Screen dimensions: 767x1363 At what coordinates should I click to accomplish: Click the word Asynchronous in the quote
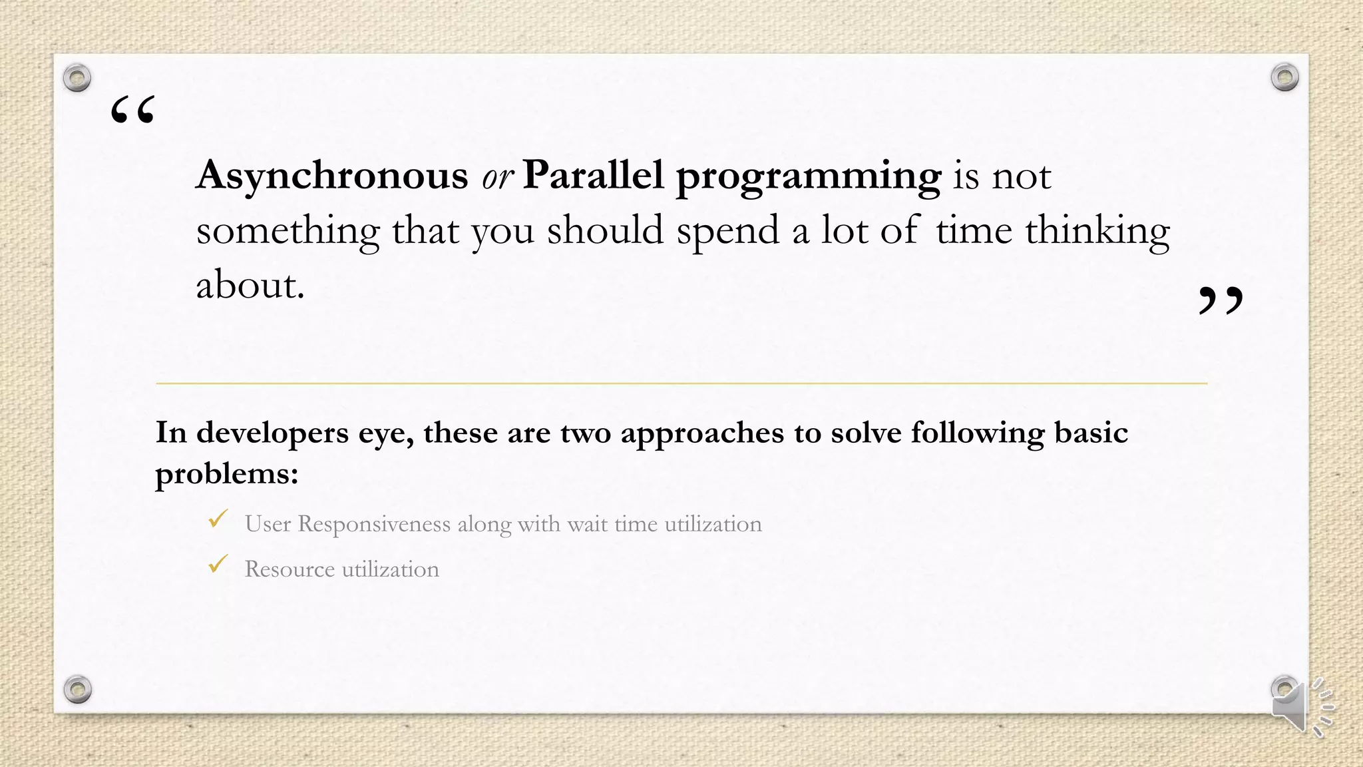click(x=331, y=176)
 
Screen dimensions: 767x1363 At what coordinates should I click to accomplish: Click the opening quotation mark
click(x=133, y=110)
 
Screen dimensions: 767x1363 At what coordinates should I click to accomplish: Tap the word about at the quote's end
click(x=250, y=286)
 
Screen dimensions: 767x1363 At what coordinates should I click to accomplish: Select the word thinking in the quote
click(x=1097, y=232)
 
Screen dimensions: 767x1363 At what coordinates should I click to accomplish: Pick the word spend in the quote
click(x=727, y=232)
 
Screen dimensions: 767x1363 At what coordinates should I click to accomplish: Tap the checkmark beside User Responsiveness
click(x=218, y=519)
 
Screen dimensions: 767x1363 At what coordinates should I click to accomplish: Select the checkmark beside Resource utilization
click(x=218, y=565)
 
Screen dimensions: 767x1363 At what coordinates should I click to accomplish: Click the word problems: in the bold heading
click(x=227, y=474)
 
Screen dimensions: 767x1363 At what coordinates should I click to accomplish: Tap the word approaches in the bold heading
click(x=702, y=433)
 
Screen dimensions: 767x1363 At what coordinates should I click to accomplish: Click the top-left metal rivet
click(x=77, y=78)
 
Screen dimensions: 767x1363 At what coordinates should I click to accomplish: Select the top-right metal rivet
click(x=1284, y=77)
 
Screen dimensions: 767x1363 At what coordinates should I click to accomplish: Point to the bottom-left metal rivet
click(x=77, y=689)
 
